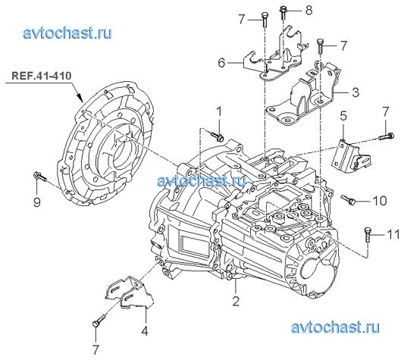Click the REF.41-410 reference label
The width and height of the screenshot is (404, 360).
pyautogui.click(x=41, y=76)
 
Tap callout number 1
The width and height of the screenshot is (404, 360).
pyautogui.click(x=219, y=111)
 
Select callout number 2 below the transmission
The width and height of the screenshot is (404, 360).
pyautogui.click(x=236, y=301)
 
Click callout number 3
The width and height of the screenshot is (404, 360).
pyautogui.click(x=355, y=92)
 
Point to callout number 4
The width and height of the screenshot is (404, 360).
pyautogui.click(x=145, y=330)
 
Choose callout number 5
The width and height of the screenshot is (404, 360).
pyautogui.click(x=343, y=116)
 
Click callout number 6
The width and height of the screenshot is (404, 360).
pyautogui.click(x=221, y=63)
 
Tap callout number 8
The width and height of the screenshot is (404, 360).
pyautogui.click(x=309, y=11)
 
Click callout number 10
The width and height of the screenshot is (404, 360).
pyautogui.click(x=380, y=201)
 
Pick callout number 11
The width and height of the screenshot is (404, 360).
pyautogui.click(x=393, y=234)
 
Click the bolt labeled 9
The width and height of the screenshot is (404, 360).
pyautogui.click(x=40, y=177)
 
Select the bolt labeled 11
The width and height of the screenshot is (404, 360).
pyautogui.click(x=368, y=234)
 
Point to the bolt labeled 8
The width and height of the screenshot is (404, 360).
pyautogui.click(x=283, y=13)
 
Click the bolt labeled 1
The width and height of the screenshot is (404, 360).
pyautogui.click(x=217, y=136)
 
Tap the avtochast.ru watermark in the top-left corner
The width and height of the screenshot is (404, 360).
pyautogui.click(x=67, y=33)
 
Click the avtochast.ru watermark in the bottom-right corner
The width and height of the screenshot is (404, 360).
pyautogui.click(x=335, y=327)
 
